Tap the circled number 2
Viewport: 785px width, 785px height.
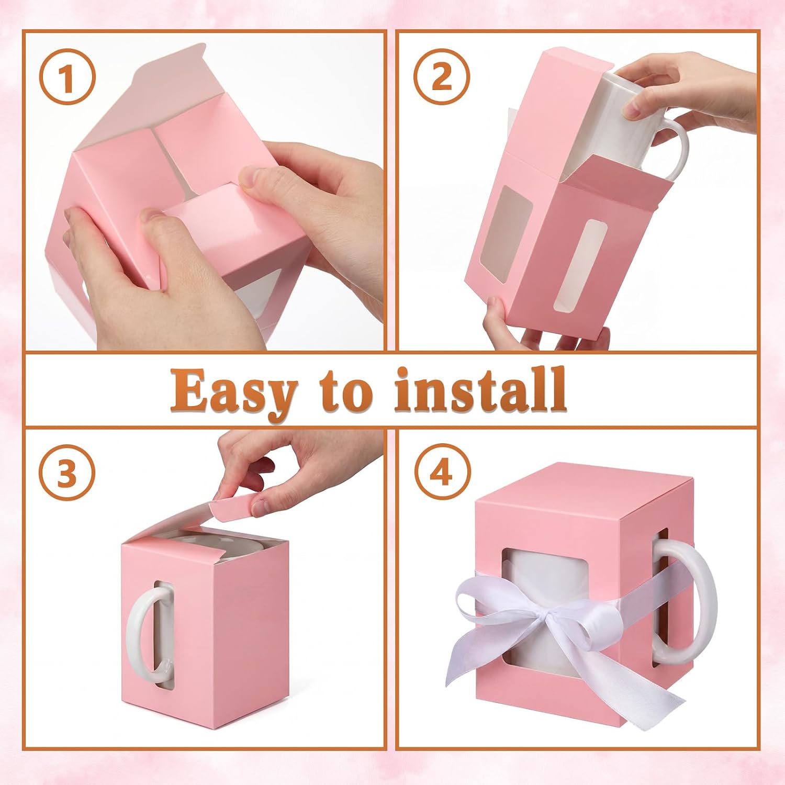(x=442, y=79)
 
